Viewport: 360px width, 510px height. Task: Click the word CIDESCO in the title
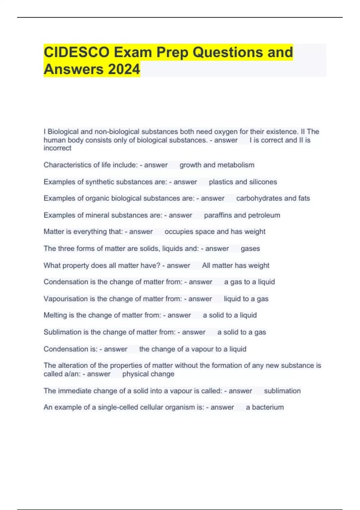point(76,52)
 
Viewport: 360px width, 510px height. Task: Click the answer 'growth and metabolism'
point(217,165)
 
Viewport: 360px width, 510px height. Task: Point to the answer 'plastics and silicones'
point(243,182)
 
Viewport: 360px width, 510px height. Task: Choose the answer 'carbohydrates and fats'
point(273,198)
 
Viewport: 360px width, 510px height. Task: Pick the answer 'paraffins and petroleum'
point(242,215)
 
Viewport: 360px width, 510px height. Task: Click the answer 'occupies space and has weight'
point(215,232)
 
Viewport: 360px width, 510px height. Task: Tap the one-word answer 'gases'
point(250,249)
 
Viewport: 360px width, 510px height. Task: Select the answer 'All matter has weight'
point(235,265)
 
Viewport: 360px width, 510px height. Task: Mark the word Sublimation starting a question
point(62,332)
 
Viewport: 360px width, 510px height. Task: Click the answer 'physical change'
point(148,374)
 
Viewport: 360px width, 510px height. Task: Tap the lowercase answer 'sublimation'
point(282,391)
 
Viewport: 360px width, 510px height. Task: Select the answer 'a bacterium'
point(265,407)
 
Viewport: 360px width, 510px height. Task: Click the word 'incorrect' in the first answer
point(58,148)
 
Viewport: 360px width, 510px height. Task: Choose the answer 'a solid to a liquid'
point(229,315)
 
